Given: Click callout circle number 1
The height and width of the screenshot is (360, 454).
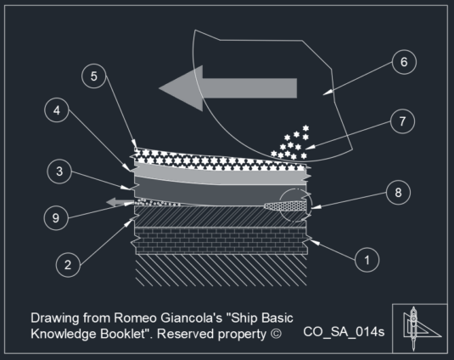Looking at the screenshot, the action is point(367,260).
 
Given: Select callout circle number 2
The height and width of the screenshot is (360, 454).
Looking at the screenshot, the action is point(68,265).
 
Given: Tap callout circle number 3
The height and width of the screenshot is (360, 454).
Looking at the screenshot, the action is point(59,172).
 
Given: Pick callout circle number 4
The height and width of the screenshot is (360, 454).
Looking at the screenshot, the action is point(57,110).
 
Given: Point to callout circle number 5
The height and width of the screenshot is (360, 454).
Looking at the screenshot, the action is point(94,76).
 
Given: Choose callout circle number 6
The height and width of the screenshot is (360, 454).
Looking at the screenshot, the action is point(404,62).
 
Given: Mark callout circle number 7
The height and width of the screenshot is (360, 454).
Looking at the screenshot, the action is point(402,121).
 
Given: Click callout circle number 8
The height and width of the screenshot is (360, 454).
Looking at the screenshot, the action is point(398,192).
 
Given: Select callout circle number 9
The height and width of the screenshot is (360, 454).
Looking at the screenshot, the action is point(56,218).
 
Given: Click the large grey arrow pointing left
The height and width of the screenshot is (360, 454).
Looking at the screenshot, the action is point(228,88).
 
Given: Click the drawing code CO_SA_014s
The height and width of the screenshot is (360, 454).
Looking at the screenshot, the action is point(344,332).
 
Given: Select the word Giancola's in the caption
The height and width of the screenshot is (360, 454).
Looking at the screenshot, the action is point(191,318).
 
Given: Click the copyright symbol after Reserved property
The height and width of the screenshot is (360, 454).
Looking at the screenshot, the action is point(276,334).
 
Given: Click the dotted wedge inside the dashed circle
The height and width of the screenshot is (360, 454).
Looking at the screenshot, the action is point(285,206).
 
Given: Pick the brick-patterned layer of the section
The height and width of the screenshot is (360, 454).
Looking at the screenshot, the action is point(221,240).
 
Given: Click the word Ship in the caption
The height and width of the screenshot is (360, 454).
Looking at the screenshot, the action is point(244,318).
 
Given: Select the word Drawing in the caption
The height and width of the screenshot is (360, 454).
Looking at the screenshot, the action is point(55,318).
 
